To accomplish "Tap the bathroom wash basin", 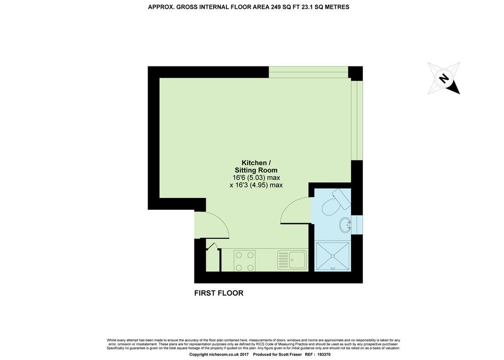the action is (346, 225).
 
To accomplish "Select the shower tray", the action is (333, 256).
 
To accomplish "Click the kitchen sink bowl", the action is (297, 260).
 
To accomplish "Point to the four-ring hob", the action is (245, 261).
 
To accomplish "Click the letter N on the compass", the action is (444, 78).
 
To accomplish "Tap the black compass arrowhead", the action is (455, 89).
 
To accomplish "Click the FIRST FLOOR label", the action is (219, 293).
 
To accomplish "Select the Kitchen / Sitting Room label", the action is (256, 166).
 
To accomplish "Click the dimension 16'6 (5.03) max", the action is (256, 178).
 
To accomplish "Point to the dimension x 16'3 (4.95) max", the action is (256, 185).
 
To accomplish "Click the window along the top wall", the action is (309, 72).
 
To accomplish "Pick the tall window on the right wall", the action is (356, 120).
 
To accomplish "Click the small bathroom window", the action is (356, 224).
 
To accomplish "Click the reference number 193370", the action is (324, 355).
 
